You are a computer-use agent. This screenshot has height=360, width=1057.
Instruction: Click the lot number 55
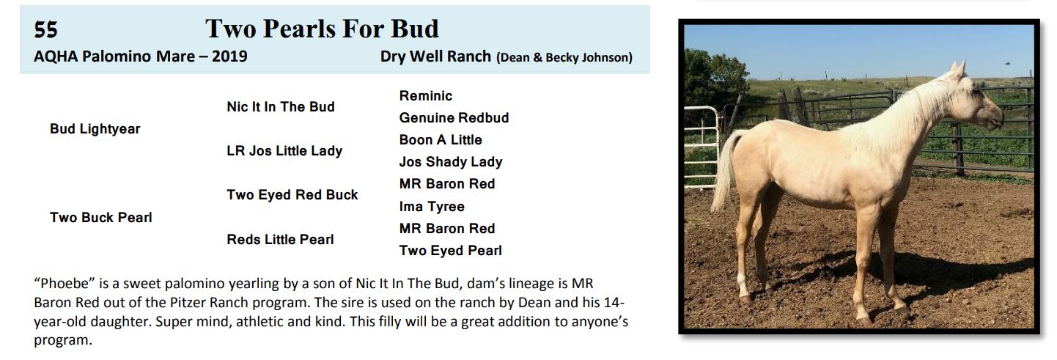[x=45, y=30]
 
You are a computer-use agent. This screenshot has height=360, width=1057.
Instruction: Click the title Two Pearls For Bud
[x=322, y=29]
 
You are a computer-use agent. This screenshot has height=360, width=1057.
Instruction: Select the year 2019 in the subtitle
[x=229, y=56]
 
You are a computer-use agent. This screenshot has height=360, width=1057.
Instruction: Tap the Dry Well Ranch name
[x=435, y=56]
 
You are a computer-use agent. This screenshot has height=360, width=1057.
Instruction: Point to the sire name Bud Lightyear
[x=95, y=129]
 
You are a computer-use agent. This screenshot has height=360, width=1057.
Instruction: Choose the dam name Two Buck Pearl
[x=101, y=218]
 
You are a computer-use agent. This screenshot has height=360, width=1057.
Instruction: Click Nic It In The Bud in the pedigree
[x=281, y=106]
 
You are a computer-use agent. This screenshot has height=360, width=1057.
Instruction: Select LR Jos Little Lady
[x=284, y=151]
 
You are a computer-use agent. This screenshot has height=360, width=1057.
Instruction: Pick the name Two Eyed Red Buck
[x=292, y=195]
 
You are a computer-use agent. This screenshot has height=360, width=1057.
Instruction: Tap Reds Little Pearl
[x=280, y=239]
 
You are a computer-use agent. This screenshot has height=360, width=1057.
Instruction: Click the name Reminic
[x=426, y=96]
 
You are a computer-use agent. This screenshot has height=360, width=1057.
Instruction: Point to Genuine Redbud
[x=454, y=117]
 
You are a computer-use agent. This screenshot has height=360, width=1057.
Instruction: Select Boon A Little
[x=441, y=139]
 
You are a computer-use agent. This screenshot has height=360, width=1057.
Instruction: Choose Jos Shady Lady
[x=451, y=162]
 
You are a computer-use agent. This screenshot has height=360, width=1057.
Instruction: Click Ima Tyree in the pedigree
[x=432, y=207]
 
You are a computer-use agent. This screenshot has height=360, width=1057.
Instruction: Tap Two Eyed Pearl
[x=451, y=251]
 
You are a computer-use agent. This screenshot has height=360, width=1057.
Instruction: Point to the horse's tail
[x=724, y=170]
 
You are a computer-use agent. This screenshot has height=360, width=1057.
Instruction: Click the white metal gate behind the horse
[x=701, y=145]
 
